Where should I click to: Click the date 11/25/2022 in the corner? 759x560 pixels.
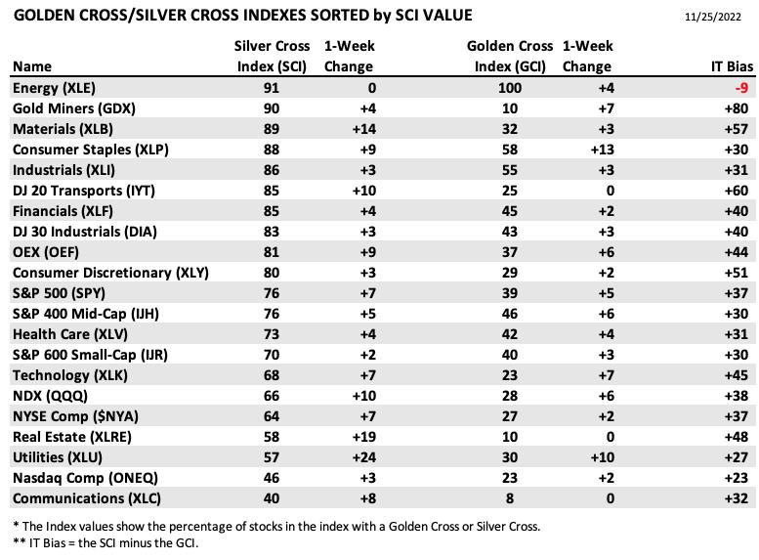click(712, 17)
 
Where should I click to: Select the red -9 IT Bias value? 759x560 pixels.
click(741, 88)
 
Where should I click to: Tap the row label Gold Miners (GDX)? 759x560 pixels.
click(74, 108)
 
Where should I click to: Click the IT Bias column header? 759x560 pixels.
click(732, 66)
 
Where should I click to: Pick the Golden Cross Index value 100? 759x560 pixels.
click(510, 88)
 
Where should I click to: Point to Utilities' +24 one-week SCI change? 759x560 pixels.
click(364, 457)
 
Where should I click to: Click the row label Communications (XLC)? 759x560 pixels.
click(87, 498)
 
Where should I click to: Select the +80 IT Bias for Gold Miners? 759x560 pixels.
click(737, 108)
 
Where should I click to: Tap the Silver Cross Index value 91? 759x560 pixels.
click(272, 88)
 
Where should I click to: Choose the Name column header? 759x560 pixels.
click(32, 66)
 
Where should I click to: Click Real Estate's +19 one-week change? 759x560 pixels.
click(364, 437)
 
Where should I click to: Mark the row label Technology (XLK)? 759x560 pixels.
click(70, 375)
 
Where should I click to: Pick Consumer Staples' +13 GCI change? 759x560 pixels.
click(602, 150)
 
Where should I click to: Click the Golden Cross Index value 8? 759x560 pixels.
click(510, 498)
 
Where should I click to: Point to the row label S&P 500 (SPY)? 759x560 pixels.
click(59, 293)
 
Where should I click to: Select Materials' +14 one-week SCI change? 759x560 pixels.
click(364, 129)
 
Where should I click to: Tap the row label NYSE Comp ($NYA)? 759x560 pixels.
click(75, 416)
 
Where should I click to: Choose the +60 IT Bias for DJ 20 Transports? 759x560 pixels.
click(737, 191)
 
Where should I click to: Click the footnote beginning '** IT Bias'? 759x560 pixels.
click(105, 543)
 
